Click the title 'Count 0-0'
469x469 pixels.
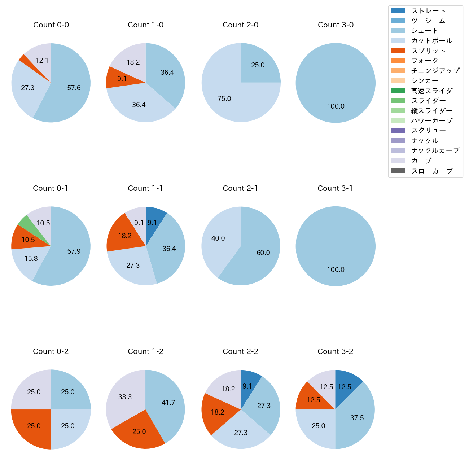tap(51, 25)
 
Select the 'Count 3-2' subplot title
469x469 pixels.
tap(335, 351)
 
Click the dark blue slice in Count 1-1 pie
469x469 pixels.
tap(154, 218)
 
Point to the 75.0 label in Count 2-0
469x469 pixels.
tap(224, 98)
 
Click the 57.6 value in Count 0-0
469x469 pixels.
tap(74, 88)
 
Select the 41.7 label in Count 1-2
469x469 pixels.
tap(168, 403)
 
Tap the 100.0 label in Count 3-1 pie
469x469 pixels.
tap(336, 269)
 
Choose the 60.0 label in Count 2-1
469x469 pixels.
tap(263, 253)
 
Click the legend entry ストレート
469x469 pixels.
tap(428, 11)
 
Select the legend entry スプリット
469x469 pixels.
tap(428, 51)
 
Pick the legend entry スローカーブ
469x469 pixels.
tap(432, 171)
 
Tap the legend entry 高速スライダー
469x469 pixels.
tap(435, 91)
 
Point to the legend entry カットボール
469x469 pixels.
tap(431, 41)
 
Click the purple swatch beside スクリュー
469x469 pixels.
tap(398, 131)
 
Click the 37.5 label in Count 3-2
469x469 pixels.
tap(357, 418)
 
